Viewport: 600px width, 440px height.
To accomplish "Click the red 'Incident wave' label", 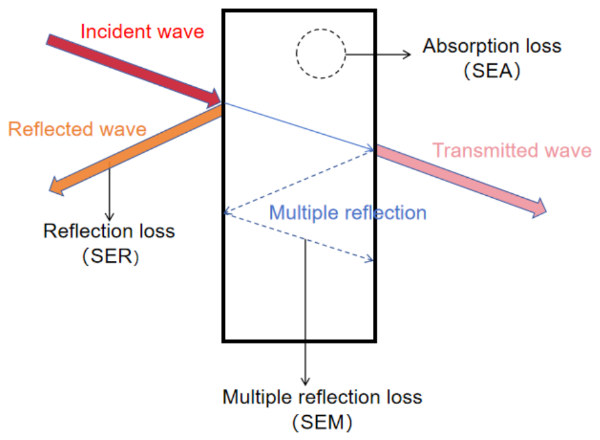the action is coord(142,32).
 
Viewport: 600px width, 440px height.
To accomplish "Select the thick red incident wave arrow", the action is coord(134,71).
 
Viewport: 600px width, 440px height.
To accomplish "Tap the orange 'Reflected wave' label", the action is coord(77,129).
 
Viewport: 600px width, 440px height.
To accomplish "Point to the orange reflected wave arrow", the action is coord(136,150).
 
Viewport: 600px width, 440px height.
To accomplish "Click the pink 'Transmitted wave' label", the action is coord(512,150).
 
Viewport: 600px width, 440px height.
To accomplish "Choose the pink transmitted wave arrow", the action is coord(461,181).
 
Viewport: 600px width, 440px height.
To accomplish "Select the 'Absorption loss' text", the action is coord(492,46).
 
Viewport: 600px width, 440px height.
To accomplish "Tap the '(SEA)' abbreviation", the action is coord(492,71).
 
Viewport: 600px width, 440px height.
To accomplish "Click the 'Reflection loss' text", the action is coord(109,231).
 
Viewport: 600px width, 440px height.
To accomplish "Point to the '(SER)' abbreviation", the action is coord(110,256).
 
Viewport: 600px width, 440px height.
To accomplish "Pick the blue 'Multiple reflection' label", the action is coord(348,213).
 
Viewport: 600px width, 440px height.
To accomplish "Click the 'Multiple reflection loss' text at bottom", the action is coord(322,397).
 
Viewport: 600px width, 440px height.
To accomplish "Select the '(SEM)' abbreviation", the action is coord(322,423).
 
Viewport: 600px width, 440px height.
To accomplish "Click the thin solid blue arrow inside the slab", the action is coord(299,127).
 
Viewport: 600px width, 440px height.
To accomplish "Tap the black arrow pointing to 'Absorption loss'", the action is coord(378,54).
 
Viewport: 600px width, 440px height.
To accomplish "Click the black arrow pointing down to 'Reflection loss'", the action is coord(109,191).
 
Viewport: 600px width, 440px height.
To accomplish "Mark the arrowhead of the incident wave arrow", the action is coord(214,99).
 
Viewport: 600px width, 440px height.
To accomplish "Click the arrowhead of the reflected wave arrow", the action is coord(56,186).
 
